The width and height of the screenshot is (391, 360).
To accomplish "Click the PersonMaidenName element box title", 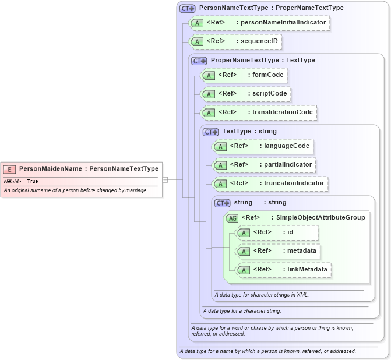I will pyautogui.click(x=89, y=169).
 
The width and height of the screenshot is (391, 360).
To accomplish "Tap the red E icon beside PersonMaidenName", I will pyautogui.click(x=9, y=169).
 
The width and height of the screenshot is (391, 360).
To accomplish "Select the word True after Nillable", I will pyautogui.click(x=33, y=181).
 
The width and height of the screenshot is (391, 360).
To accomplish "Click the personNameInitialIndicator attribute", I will pyautogui.click(x=259, y=23).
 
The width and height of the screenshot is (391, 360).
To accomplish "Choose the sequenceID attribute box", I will pyautogui.click(x=236, y=41).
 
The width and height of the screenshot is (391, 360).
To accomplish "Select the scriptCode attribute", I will pyautogui.click(x=245, y=93).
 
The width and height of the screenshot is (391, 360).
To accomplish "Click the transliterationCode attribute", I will pyautogui.click(x=258, y=112).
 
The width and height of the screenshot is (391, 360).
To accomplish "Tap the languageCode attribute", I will pyautogui.click(x=263, y=146).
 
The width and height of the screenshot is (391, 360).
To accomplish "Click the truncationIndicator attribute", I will pyautogui.click(x=270, y=183).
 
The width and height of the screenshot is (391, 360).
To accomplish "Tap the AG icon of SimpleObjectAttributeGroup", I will pyautogui.click(x=232, y=218).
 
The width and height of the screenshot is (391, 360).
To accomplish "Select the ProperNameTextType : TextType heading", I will pyautogui.click(x=262, y=60).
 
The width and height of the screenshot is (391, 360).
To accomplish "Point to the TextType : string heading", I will pyautogui.click(x=249, y=132).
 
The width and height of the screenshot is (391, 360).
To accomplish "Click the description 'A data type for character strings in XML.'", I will pyautogui.click(x=261, y=295).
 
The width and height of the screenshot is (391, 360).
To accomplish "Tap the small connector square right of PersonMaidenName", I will pyautogui.click(x=165, y=179).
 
